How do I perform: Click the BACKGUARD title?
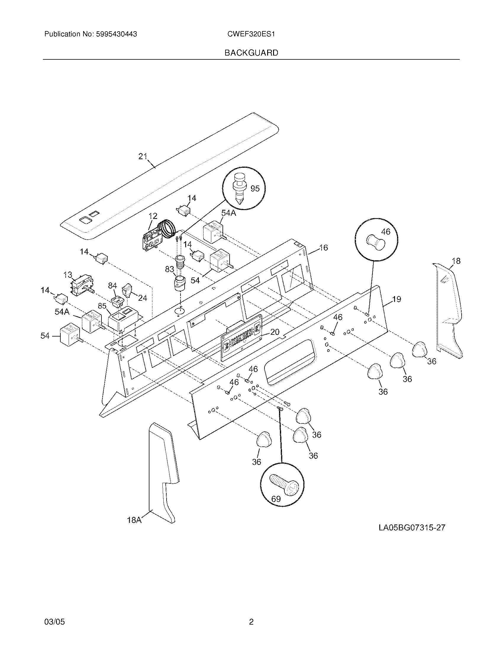[251, 53]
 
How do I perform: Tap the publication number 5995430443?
[116, 34]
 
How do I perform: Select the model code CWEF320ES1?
[251, 34]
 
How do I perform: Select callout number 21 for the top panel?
[143, 156]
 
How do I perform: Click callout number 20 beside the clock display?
[275, 331]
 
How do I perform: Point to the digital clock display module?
[242, 338]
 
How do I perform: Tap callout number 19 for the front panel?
[396, 299]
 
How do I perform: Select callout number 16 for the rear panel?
[323, 247]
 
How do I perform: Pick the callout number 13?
[68, 274]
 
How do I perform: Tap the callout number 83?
[169, 269]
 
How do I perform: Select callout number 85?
[102, 306]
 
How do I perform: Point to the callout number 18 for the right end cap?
[456, 261]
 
